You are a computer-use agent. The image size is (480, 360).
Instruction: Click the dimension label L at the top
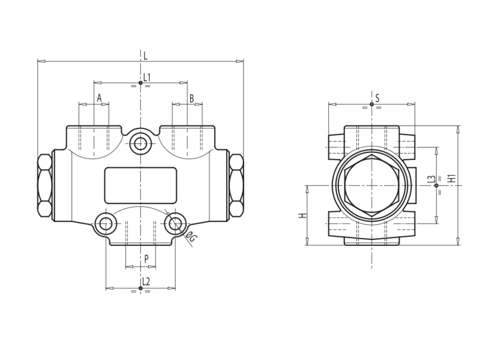[145, 55]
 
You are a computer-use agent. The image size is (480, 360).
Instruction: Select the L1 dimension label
[147, 77]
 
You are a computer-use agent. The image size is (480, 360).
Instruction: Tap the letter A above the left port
[99, 98]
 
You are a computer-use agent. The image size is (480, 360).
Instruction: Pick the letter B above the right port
[191, 98]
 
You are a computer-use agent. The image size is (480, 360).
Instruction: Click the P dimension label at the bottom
[146, 259]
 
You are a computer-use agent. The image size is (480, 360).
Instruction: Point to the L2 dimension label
[146, 281]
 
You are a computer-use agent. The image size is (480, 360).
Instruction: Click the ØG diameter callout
[190, 236]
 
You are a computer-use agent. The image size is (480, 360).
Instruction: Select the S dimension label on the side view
[377, 98]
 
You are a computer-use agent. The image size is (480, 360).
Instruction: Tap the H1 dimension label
[452, 178]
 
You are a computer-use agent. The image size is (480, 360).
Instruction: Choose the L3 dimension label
[431, 179]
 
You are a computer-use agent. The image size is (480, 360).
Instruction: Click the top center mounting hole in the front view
[140, 143]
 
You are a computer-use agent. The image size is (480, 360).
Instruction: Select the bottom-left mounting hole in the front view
[106, 224]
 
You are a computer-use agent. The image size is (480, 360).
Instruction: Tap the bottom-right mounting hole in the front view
[175, 224]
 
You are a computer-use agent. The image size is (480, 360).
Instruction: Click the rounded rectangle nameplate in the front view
[140, 185]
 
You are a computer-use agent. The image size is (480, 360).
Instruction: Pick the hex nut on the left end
[44, 186]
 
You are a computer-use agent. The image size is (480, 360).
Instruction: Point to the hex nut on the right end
[236, 185]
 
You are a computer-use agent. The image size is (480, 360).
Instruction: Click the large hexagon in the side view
[372, 185]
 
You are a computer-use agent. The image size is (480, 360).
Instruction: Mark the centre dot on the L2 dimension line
[140, 288]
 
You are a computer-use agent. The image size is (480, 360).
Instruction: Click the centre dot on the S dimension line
[371, 104]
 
